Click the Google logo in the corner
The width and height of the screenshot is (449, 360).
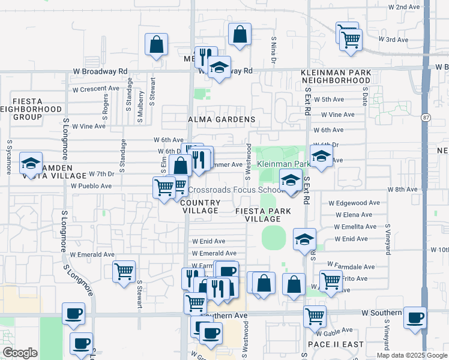tap(20, 353)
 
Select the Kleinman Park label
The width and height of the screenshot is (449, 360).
tap(283, 164)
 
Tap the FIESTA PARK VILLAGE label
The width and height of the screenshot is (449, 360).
tap(263, 215)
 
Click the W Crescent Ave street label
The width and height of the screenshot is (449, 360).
tap(95, 88)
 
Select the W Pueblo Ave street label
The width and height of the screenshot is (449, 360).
tap(91, 186)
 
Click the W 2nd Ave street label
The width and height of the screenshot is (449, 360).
tap(404, 7)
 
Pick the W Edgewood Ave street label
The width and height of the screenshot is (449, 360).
tap(354, 203)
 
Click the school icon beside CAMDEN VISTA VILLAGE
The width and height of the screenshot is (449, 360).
tap(31, 163)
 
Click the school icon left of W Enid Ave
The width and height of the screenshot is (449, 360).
tap(304, 239)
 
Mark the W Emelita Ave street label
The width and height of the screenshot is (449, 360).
tap(356, 227)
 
